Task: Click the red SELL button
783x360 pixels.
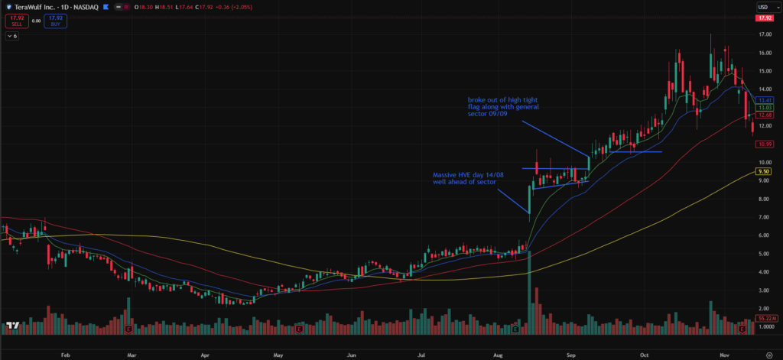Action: [x=12, y=21]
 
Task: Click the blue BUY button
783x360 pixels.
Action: [x=55, y=21]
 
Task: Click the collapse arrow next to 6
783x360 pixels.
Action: [x=8, y=36]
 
